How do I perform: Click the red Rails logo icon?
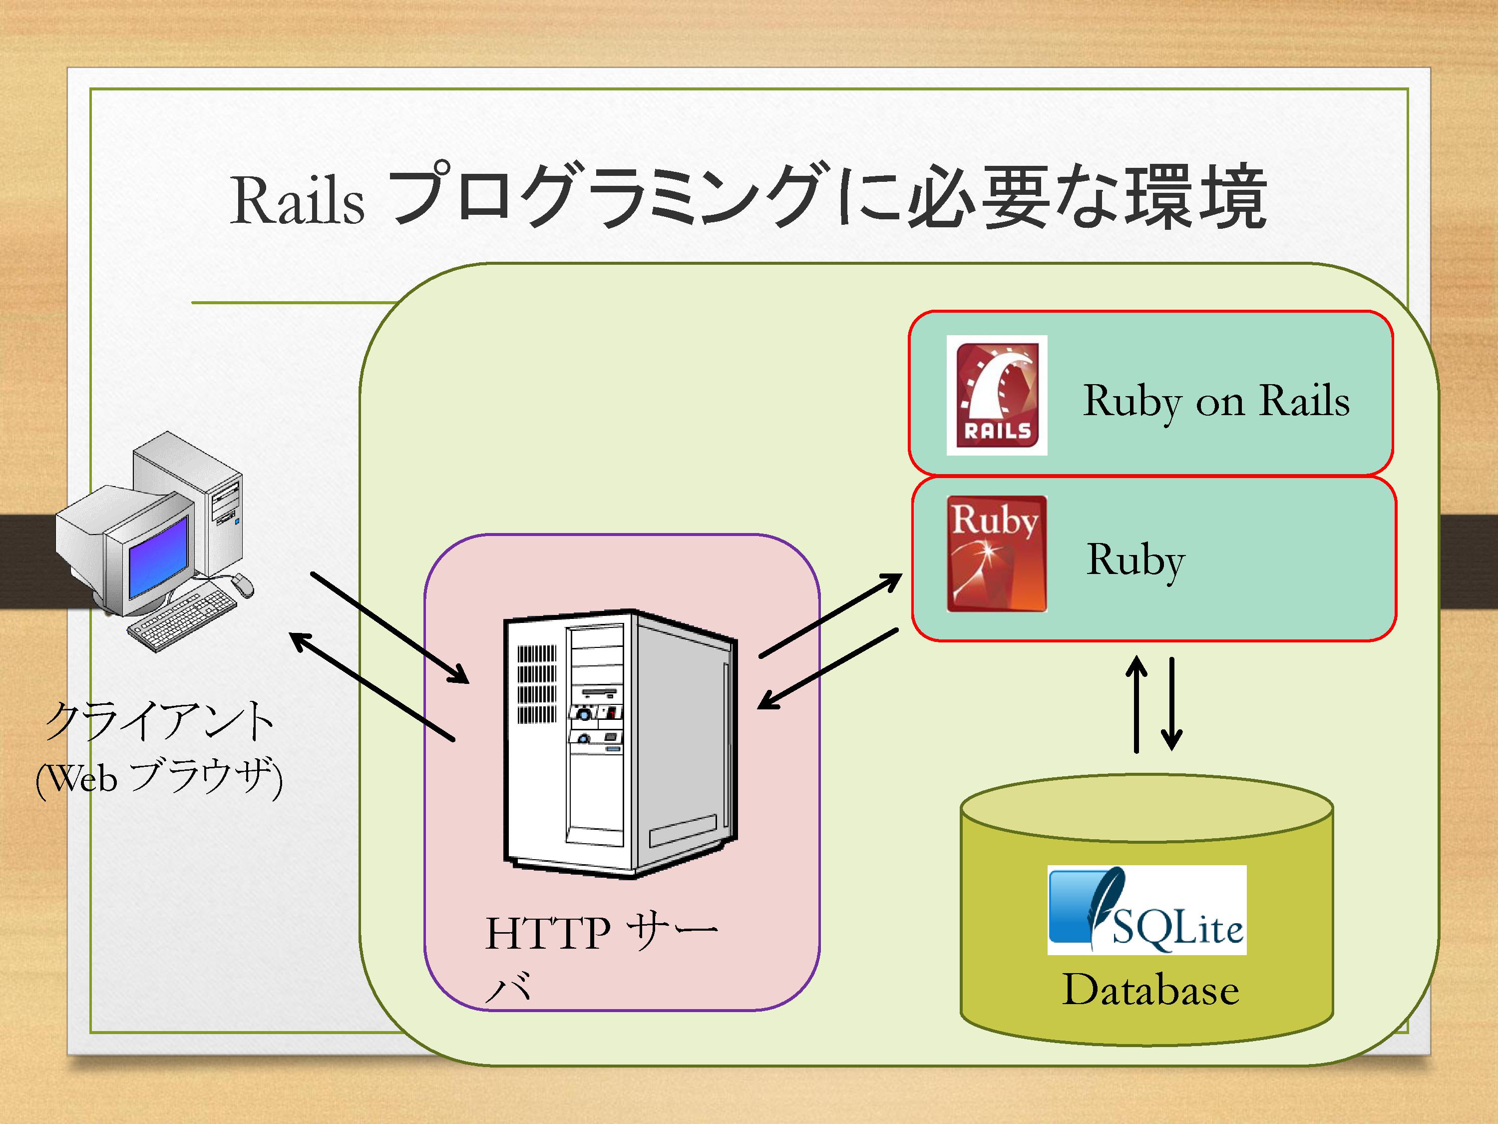pyautogui.click(x=997, y=395)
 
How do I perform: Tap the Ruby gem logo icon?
pyautogui.click(x=996, y=554)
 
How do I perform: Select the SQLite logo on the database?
pyautogui.click(x=1146, y=910)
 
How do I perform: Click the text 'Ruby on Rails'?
pyautogui.click(x=1216, y=401)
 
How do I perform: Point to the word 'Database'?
pyautogui.click(x=1150, y=990)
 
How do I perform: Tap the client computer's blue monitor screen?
pyautogui.click(x=157, y=556)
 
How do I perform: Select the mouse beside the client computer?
pyautogui.click(x=243, y=584)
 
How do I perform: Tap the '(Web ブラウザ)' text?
pyautogui.click(x=159, y=778)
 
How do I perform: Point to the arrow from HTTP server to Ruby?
pyautogui.click(x=831, y=615)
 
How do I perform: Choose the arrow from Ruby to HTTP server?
pyautogui.click(x=827, y=669)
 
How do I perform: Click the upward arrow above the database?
pyautogui.click(x=1136, y=704)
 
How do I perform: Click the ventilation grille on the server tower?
pyautogui.click(x=537, y=684)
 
